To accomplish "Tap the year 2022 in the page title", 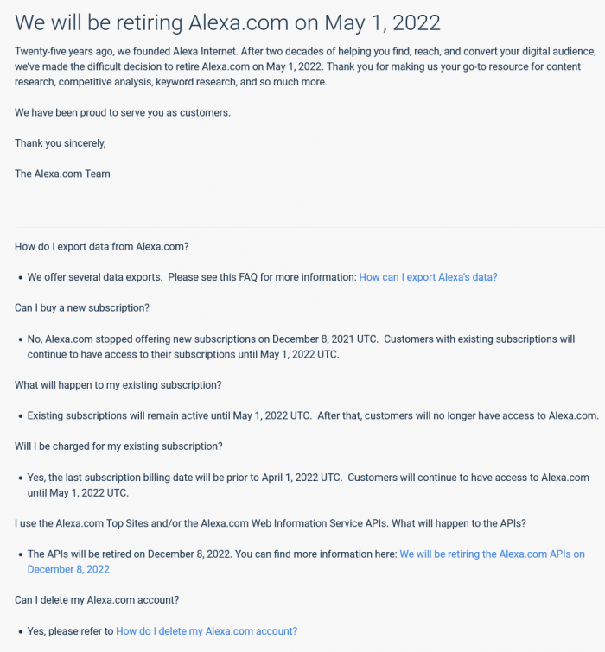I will point(410,23).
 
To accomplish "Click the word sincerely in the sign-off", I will point(80,143).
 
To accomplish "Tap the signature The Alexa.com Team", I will point(62,174).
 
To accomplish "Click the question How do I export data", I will point(101,246).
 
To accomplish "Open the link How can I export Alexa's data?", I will point(428,277).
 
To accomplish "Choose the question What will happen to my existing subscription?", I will point(118,384).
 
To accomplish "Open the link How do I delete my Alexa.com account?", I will point(207,631).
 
